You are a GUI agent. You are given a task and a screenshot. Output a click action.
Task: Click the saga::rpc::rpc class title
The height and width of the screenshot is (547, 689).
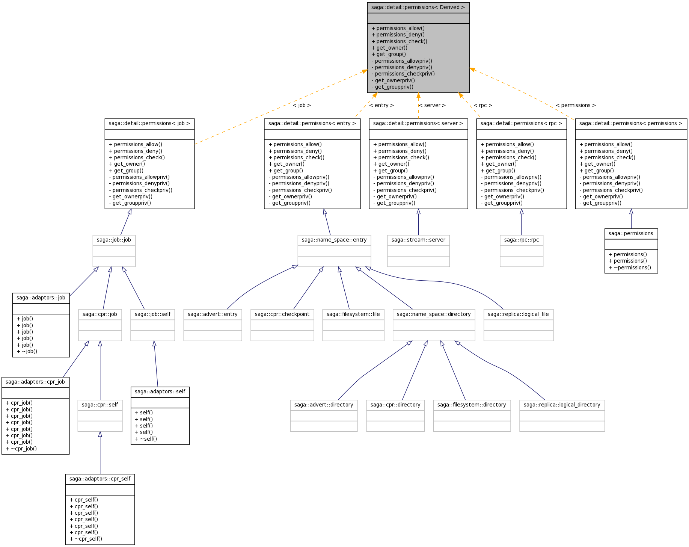(522, 240)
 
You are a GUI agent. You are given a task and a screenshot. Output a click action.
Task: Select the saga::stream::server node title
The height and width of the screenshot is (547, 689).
(418, 240)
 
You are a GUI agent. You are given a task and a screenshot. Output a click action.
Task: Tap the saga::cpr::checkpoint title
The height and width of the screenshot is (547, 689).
(282, 314)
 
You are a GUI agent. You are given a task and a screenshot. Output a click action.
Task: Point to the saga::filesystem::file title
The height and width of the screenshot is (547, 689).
(353, 314)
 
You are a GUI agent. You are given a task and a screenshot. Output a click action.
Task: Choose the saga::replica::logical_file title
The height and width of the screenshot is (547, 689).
(518, 314)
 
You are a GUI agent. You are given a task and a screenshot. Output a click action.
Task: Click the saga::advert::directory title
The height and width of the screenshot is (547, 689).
(324, 405)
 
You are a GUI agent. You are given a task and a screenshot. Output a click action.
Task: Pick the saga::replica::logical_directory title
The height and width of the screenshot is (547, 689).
(562, 405)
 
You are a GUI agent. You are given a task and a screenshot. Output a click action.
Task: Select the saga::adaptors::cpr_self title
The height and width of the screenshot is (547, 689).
(100, 479)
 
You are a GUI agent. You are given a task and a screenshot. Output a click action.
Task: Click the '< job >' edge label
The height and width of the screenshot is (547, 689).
(302, 105)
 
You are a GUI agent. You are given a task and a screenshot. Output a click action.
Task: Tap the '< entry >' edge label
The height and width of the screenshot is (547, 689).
(381, 105)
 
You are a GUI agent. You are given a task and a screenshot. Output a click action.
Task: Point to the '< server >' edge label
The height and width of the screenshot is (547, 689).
(432, 105)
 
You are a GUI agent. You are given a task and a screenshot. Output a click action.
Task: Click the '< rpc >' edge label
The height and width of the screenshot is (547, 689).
(483, 105)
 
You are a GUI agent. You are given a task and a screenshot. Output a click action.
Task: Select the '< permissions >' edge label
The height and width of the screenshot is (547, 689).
(576, 105)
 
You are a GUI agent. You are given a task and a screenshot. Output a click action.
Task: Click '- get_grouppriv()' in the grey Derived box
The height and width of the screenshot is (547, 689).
(392, 87)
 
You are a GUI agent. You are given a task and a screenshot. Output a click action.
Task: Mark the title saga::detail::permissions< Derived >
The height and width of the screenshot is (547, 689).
(418, 7)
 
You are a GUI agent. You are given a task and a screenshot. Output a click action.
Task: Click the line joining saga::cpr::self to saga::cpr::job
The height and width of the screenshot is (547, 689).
(100, 370)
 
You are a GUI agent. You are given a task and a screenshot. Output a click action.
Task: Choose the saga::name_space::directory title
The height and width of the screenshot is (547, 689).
(434, 314)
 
